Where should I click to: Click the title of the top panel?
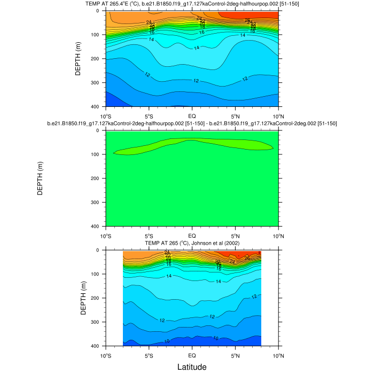pos(192,5)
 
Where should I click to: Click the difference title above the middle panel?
pos(192,123)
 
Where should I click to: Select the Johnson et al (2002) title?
pos(192,244)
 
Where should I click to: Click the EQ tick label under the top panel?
pos(192,115)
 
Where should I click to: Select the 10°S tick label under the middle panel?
pos(105,235)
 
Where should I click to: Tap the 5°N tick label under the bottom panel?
pos(235,355)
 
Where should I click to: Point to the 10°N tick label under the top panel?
pos(278,115)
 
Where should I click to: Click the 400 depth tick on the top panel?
pos(98,107)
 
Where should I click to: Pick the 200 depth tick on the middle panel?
pos(98,178)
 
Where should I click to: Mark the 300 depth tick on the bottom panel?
pos(98,322)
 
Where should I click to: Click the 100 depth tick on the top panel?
pos(98,35)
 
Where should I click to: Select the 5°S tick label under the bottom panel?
pos(149,355)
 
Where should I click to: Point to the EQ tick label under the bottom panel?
pos(192,355)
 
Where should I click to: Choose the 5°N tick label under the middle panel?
pos(235,235)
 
